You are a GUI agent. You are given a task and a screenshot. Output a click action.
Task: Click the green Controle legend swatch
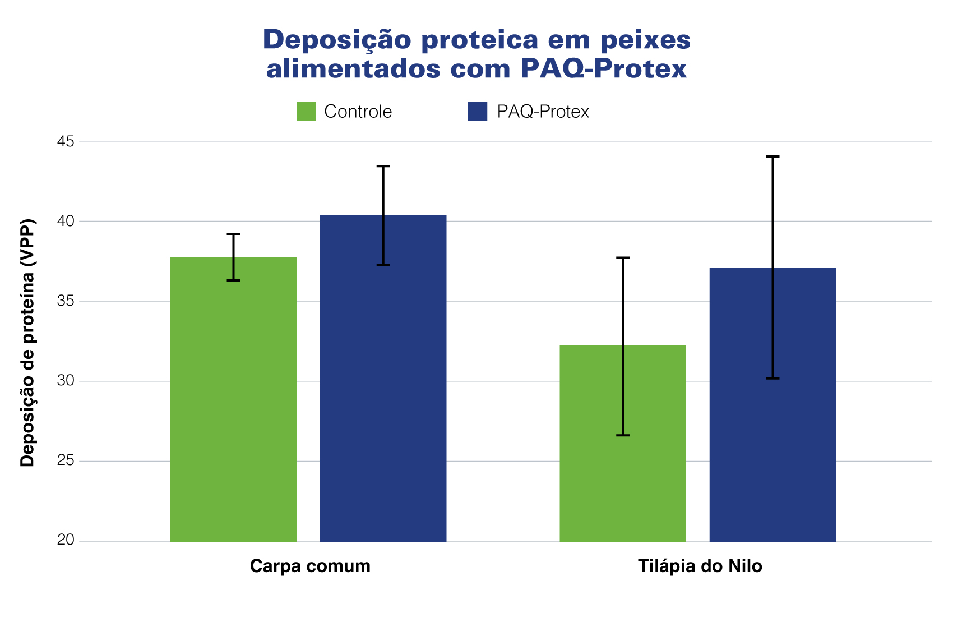click(x=306, y=111)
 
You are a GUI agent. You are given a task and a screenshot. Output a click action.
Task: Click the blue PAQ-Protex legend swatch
click(x=478, y=111)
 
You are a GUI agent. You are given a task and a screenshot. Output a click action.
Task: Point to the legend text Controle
click(x=358, y=112)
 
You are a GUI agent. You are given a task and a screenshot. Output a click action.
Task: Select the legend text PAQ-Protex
click(x=543, y=112)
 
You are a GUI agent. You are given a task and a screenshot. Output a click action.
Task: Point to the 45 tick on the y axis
click(x=66, y=141)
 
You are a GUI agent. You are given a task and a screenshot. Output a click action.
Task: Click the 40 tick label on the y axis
click(x=66, y=221)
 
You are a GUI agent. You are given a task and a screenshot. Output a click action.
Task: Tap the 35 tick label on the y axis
click(x=66, y=301)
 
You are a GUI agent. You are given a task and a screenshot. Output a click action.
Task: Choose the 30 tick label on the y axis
click(x=66, y=381)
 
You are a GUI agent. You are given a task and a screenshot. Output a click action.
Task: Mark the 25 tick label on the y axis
click(x=66, y=461)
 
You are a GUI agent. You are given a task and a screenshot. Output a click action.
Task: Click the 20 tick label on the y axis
click(x=66, y=541)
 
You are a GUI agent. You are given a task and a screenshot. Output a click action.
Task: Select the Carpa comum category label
click(x=310, y=566)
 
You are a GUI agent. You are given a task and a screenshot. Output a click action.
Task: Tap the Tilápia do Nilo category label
click(x=700, y=566)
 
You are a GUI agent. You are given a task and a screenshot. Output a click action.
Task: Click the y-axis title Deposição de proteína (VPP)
click(x=27, y=342)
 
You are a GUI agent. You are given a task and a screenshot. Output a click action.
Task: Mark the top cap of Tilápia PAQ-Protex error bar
click(x=772, y=156)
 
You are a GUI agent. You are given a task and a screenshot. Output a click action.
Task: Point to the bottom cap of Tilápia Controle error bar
click(x=622, y=435)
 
